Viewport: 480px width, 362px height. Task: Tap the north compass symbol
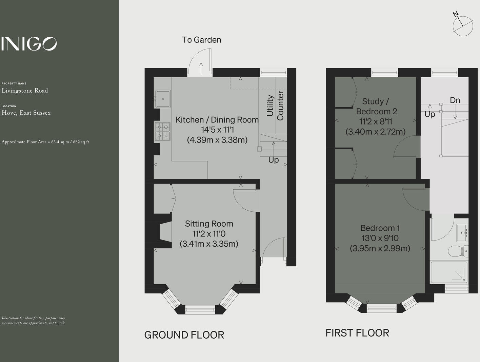tap(462, 25)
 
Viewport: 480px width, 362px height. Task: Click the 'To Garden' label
tap(201, 40)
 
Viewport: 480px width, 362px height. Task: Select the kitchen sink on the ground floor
tap(163, 99)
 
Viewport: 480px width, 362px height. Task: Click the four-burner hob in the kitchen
tap(163, 132)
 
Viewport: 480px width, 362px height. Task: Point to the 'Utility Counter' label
tap(275, 106)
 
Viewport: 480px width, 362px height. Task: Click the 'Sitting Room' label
tap(209, 224)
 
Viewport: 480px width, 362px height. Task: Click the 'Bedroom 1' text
tap(380, 228)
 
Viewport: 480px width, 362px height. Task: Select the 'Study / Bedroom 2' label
tap(376, 106)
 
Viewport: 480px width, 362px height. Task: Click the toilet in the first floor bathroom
tap(458, 251)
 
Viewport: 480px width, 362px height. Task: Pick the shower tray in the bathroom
tap(449, 272)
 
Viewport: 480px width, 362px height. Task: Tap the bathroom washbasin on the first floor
tap(462, 232)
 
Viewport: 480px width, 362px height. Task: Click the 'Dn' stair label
tap(455, 100)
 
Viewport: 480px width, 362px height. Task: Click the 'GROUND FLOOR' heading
tap(184, 335)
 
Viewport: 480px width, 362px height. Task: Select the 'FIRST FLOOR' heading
tap(357, 333)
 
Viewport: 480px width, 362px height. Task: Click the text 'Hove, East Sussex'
tap(26, 113)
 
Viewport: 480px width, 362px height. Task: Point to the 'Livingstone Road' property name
tap(25, 91)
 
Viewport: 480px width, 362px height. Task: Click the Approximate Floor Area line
tap(45, 142)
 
